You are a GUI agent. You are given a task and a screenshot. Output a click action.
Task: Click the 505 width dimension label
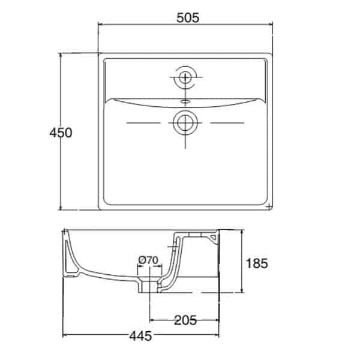(188, 18)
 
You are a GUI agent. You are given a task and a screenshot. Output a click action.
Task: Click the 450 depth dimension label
(61, 133)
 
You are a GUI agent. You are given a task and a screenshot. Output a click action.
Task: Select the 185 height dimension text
(257, 263)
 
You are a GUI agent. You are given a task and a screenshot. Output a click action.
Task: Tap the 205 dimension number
(185, 320)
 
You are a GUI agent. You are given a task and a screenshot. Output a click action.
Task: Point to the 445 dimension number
(140, 337)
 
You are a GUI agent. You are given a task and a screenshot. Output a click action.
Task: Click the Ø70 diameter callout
(148, 260)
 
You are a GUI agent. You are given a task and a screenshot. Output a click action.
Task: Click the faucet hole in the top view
(185, 77)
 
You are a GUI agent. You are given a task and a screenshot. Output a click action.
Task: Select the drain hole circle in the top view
(185, 122)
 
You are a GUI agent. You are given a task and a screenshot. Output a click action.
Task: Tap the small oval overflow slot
(185, 101)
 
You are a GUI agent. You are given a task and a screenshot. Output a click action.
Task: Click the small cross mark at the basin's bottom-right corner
(269, 207)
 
